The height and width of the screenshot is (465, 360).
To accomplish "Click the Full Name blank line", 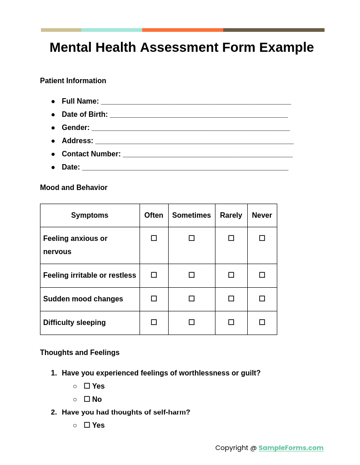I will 195,102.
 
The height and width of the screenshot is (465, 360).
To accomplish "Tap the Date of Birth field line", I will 199,115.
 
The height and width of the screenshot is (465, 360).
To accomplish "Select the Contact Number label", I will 91,154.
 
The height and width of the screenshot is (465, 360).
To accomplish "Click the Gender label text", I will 75,128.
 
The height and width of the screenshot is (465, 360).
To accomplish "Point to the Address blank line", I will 194,141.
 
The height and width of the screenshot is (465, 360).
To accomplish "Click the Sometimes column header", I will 191,215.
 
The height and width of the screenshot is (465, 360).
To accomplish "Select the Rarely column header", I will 231,215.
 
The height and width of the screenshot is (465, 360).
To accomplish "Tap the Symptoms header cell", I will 90,215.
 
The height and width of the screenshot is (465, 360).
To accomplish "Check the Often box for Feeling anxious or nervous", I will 154,238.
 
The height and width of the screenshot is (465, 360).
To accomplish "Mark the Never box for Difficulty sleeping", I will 262,322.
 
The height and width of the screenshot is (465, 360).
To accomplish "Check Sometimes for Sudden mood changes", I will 191,299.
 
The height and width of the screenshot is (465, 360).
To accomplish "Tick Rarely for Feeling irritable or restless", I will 231,275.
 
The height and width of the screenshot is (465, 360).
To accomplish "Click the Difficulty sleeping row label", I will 75,323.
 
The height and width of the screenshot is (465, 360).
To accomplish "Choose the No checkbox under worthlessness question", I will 87,399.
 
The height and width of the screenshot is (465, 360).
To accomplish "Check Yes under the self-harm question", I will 87,425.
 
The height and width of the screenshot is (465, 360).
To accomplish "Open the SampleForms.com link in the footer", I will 291,448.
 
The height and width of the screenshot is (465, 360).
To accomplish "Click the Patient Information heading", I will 73,81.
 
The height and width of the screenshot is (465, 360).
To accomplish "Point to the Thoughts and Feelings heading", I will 80,353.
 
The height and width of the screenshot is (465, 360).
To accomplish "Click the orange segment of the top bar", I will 182,30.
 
